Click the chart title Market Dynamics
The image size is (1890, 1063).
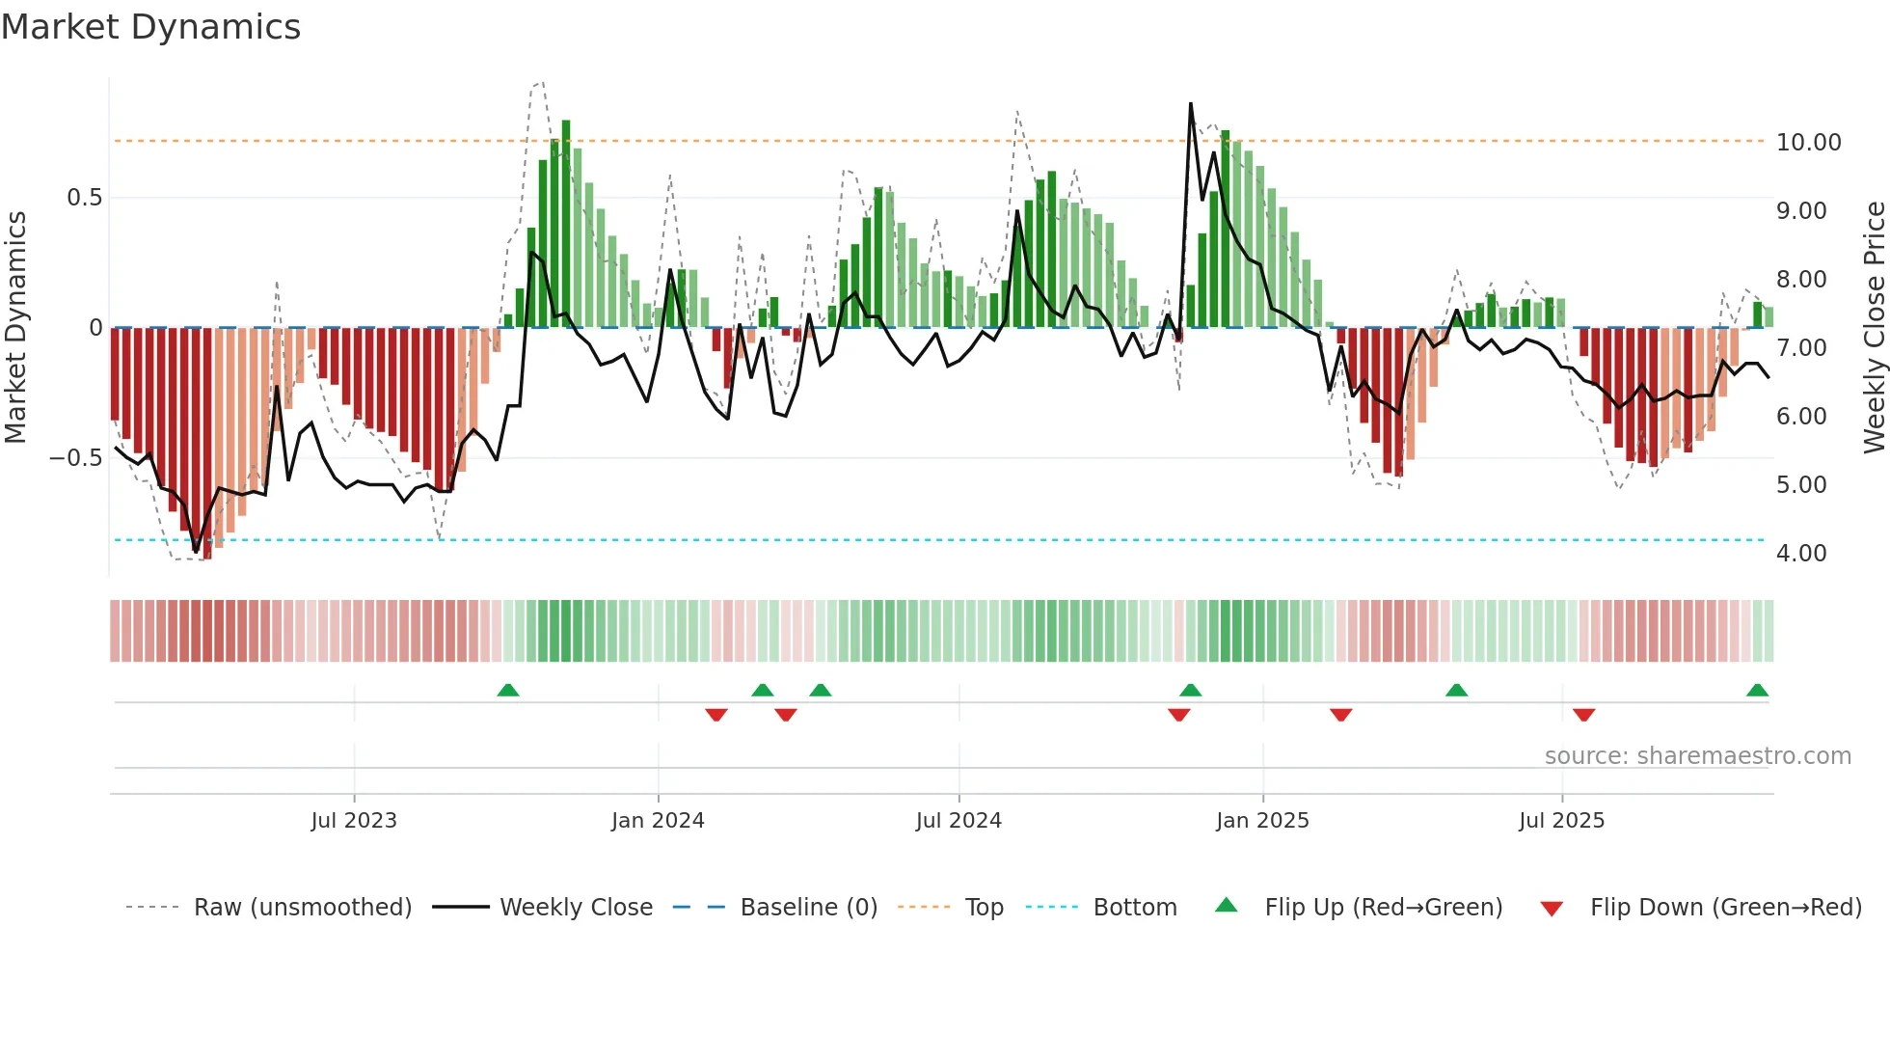(x=151, y=27)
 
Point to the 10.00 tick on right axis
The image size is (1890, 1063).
(x=1808, y=143)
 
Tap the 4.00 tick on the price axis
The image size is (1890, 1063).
(x=1800, y=554)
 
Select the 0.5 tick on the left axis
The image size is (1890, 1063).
(x=84, y=198)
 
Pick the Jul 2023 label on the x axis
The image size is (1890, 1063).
(x=354, y=821)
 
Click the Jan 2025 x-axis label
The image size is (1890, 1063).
(x=1262, y=821)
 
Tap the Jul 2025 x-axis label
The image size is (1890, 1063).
(x=1561, y=821)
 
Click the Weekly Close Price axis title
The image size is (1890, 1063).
(x=1874, y=328)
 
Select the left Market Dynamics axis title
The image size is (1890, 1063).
(x=15, y=328)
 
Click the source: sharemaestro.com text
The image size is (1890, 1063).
(x=1697, y=756)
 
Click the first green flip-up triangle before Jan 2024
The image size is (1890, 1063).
(x=508, y=690)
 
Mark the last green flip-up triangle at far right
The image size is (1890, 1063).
(x=1757, y=690)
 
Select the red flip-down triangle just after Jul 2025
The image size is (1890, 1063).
(x=1583, y=715)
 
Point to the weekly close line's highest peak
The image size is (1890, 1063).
(x=1191, y=104)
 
